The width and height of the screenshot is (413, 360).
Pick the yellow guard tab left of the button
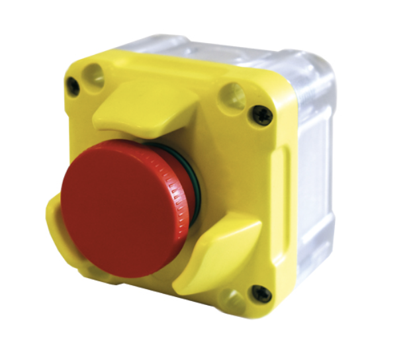[57, 224]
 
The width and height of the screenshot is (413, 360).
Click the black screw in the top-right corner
[262, 116]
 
